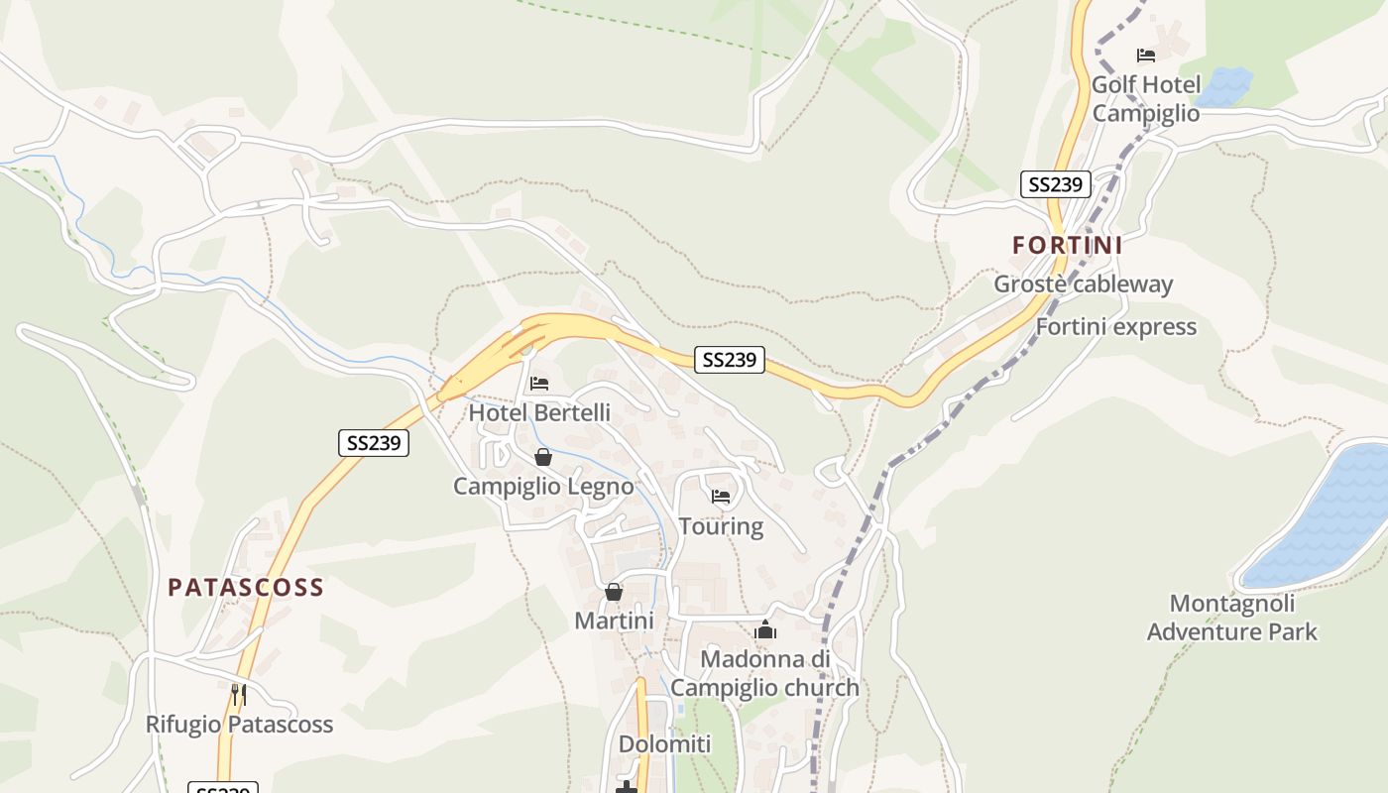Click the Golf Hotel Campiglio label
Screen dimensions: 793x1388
pos(1145,99)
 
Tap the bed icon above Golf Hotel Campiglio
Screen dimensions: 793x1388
pos(1146,56)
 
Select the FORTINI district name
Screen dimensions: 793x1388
pos(1067,245)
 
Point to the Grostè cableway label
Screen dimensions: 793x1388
pos(1083,284)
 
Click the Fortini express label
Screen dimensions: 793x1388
pos(1115,327)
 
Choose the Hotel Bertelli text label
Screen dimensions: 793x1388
pos(539,412)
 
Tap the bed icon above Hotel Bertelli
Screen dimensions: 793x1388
pos(539,383)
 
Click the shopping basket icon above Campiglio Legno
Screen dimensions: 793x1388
pos(543,457)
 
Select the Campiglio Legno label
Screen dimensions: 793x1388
pos(543,487)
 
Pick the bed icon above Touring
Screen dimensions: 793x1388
pos(721,496)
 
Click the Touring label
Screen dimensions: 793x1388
pos(721,526)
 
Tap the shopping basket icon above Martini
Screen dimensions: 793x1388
pos(614,592)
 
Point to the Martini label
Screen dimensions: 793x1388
pos(614,622)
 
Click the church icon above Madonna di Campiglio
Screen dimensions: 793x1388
pos(764,629)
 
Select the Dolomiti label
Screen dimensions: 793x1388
pos(665,744)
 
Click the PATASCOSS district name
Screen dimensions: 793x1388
pos(246,588)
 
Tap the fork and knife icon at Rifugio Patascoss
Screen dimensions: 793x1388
pos(238,694)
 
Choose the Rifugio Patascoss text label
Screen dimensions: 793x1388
pos(239,725)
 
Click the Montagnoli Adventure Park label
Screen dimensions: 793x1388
pos(1232,618)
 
